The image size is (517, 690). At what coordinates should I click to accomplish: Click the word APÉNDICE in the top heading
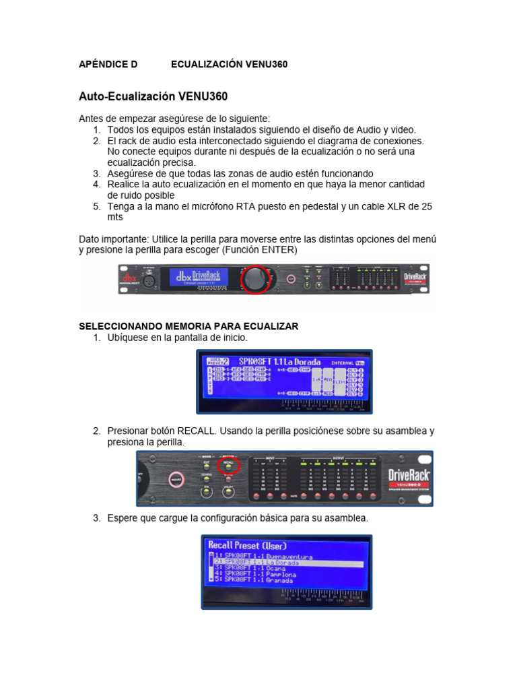point(108,64)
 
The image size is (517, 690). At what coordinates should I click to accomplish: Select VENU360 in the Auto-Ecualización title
point(203,96)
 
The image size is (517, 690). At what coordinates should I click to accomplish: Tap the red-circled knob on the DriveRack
point(255,280)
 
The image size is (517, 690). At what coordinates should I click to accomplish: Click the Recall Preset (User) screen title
point(247,545)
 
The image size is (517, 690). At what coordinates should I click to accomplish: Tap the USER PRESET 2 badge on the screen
point(218,361)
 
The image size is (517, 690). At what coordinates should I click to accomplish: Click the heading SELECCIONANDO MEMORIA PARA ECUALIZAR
point(188,326)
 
